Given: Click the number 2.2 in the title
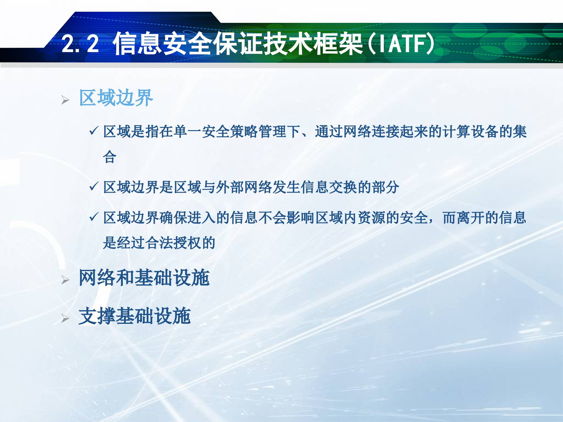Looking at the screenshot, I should tap(80, 44).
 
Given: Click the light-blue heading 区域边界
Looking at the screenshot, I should tap(116, 98).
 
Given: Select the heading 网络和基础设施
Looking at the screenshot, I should tap(144, 278).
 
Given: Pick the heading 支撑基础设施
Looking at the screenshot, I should tap(135, 316).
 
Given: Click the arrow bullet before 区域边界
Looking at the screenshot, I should tap(65, 100).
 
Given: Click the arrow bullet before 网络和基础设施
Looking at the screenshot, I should tap(65, 280).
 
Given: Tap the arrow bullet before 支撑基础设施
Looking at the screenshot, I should tap(65, 319).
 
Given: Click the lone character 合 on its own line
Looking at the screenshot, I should tap(110, 157).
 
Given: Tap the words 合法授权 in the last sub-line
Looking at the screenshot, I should tap(173, 243).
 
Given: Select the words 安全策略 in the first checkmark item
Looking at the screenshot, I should tap(230, 132).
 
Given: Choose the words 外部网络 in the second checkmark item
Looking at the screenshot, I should tap(244, 187).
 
